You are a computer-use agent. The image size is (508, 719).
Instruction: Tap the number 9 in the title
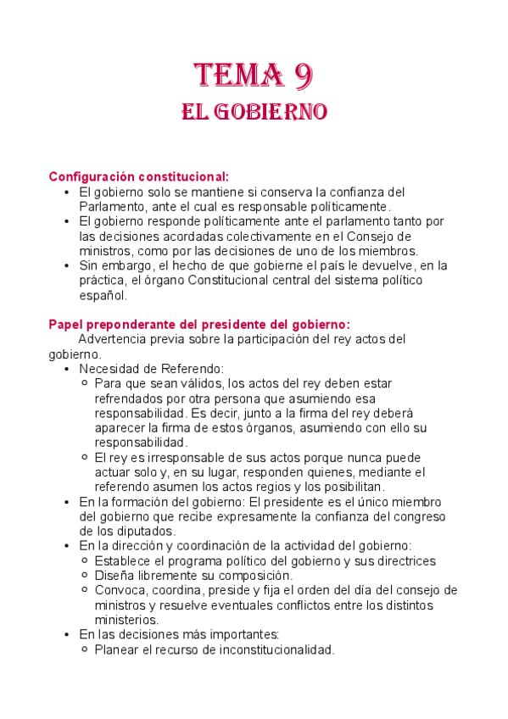pos(304,76)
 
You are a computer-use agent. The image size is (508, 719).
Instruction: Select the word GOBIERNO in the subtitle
pos(273,112)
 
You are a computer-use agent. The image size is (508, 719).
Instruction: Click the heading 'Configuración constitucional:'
pos(138,176)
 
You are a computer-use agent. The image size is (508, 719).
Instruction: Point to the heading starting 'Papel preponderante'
pos(199,324)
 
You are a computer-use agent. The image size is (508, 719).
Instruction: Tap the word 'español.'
pos(103,296)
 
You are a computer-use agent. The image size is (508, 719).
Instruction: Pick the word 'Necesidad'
pos(109,369)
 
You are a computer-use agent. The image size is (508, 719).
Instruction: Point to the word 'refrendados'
pos(130,399)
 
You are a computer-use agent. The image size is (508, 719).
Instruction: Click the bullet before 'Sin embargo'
pos(67,265)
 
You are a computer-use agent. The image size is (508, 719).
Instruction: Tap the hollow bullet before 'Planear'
pos(85,649)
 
